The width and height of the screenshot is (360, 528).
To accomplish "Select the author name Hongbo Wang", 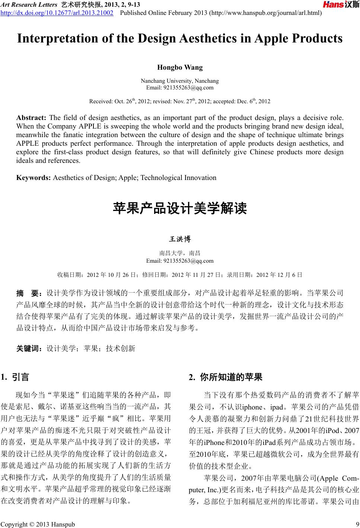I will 180,67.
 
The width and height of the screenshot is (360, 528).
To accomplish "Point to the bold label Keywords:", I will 34,177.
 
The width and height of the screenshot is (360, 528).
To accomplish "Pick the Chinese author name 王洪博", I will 180,239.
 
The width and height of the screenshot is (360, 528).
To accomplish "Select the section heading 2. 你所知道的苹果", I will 226,377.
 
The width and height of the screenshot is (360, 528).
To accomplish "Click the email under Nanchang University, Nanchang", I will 180,88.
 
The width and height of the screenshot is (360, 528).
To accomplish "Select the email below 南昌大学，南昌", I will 180,260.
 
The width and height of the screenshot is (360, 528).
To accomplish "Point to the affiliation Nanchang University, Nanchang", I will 180,81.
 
